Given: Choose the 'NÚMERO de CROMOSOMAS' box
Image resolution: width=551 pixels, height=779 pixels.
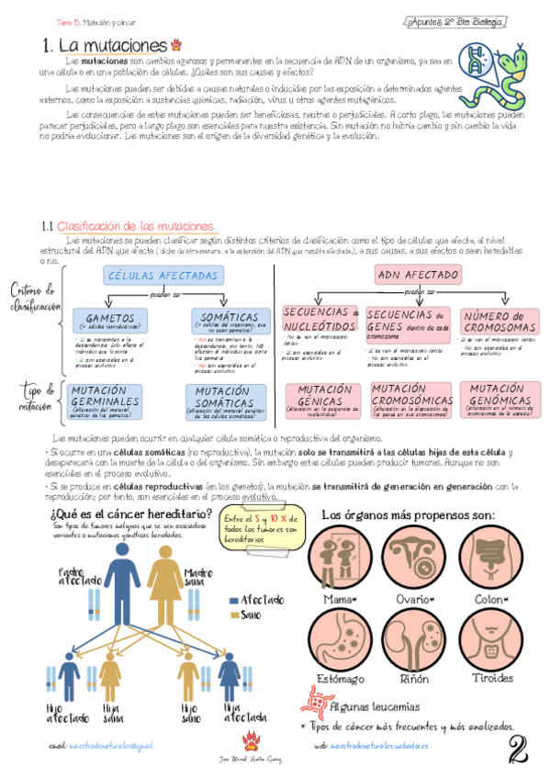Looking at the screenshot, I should [500, 321].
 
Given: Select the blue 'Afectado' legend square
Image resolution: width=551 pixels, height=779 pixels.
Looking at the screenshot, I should [233, 600].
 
